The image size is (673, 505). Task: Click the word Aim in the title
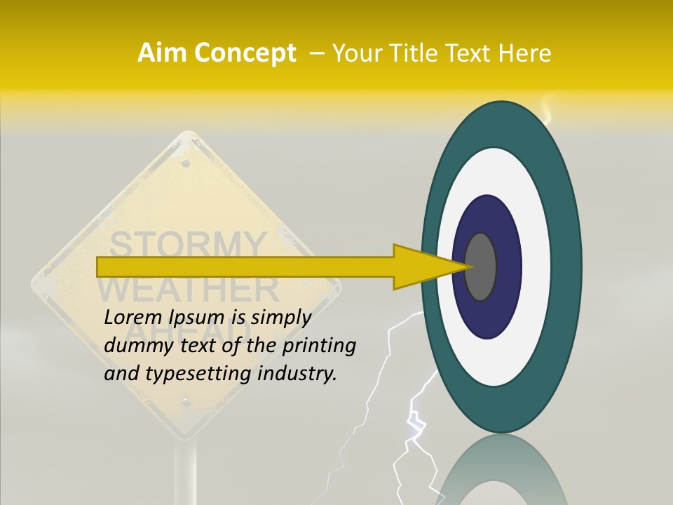click(x=163, y=53)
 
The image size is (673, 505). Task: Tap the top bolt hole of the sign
click(x=186, y=163)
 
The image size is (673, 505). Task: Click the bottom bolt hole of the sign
click(x=186, y=402)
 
